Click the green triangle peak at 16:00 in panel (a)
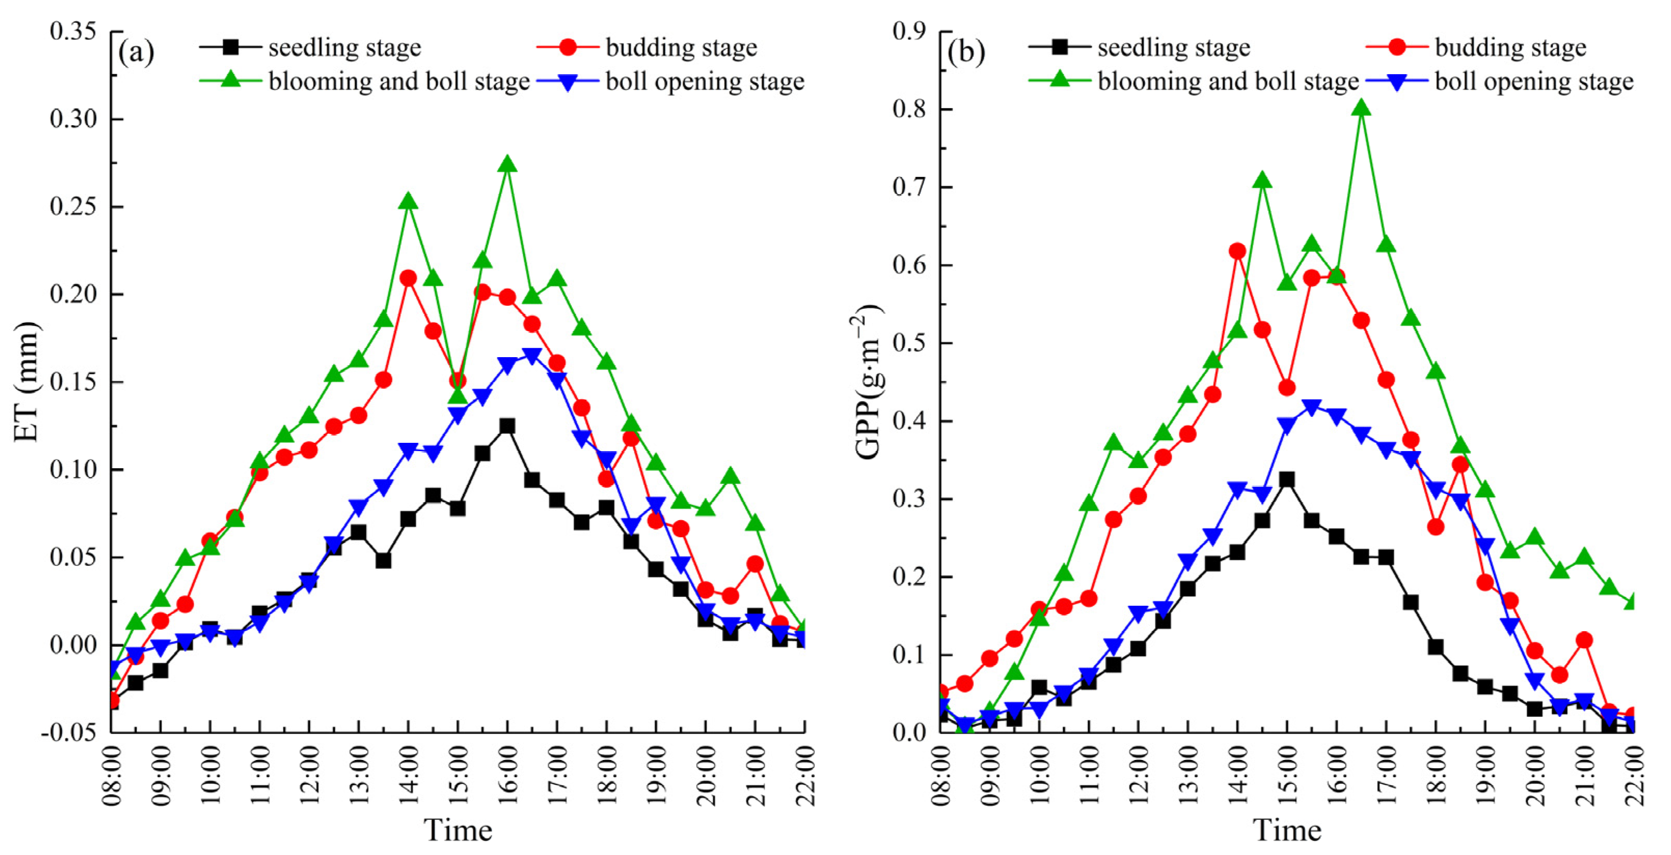click(507, 165)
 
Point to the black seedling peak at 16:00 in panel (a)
click(507, 426)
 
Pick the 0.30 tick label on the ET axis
click(73, 119)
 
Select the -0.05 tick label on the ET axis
click(69, 732)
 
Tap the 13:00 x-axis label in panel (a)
click(359, 775)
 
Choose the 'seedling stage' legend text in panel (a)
click(345, 47)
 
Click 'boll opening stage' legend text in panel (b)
click(1533, 82)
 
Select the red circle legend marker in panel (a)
click(567, 47)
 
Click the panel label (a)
click(136, 51)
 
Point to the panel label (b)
click(966, 51)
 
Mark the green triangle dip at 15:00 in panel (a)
click(458, 396)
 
